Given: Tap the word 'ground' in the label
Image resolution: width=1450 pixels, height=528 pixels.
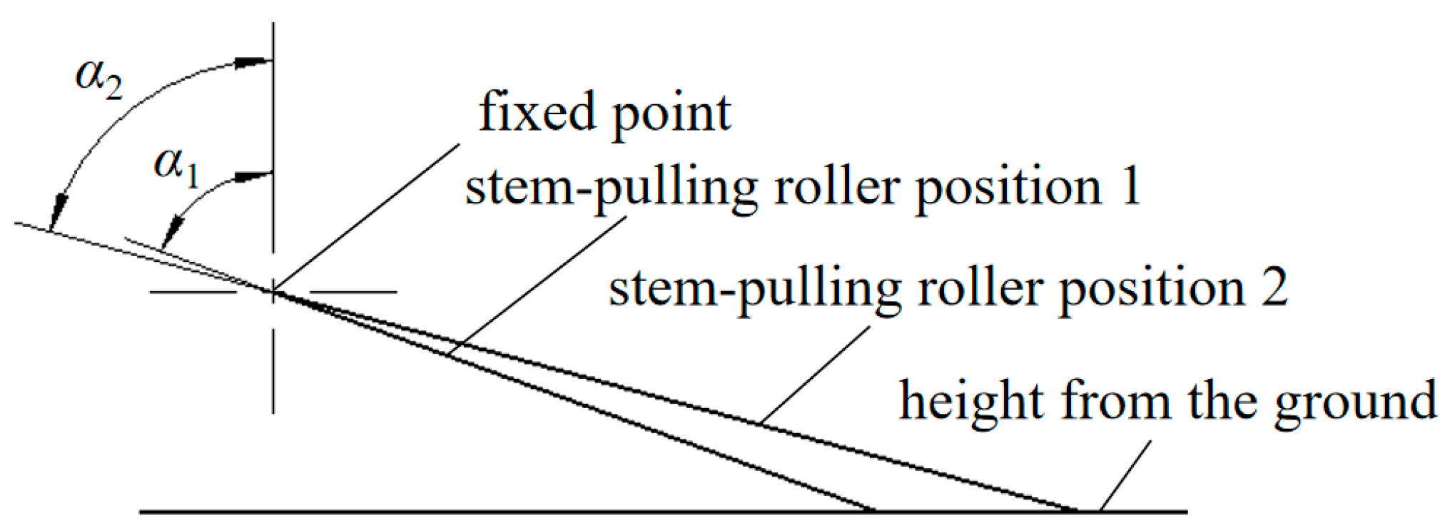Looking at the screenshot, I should tap(1355, 402).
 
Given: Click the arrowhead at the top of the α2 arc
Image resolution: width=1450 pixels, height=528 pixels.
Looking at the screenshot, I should tap(254, 62).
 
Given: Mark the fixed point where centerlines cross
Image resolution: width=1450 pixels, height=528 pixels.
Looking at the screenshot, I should tap(273, 291).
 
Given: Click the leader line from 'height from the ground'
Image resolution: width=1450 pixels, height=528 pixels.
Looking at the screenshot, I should tap(1125, 475).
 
